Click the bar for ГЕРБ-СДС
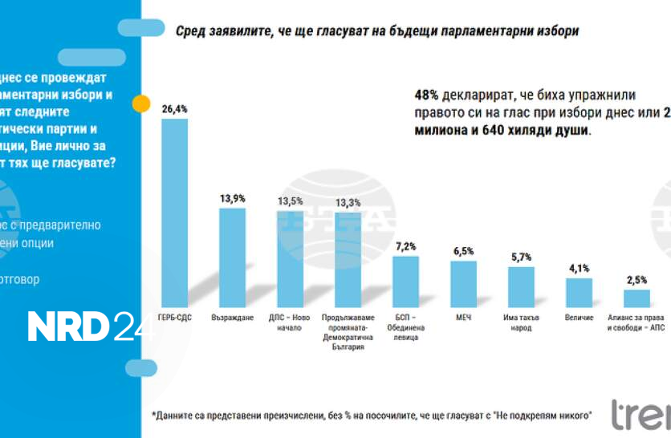(x=175, y=212)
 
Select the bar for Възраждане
(x=233, y=258)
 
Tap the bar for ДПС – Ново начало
(x=291, y=258)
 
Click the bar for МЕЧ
(x=463, y=282)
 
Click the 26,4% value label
(x=174, y=108)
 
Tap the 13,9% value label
(x=233, y=197)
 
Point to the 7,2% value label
(x=406, y=246)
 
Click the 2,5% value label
(x=636, y=280)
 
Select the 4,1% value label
(x=579, y=269)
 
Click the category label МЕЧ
(x=463, y=318)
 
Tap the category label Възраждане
(x=233, y=318)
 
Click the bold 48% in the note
(x=426, y=93)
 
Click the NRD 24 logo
(x=88, y=326)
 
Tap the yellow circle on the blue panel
(x=140, y=103)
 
